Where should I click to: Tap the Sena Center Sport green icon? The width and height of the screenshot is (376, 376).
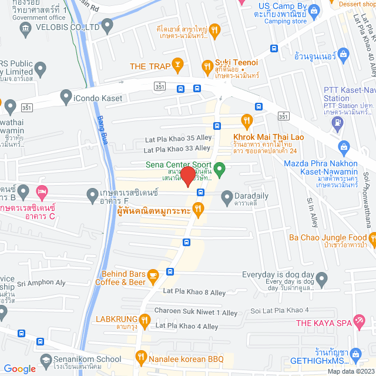[x=220, y=171]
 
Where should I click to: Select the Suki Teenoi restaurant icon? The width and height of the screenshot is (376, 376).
[x=207, y=66]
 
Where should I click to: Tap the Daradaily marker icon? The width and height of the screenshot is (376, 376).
[x=227, y=199]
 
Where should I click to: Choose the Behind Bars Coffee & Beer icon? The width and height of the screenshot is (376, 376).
[x=153, y=275]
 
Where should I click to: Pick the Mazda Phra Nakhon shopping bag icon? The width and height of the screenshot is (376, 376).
[x=345, y=146]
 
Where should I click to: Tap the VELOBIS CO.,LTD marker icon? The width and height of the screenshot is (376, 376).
[x=107, y=25]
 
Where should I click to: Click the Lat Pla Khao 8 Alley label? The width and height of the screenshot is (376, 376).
[x=194, y=292]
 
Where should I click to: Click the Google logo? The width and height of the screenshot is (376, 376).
[x=20, y=369]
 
